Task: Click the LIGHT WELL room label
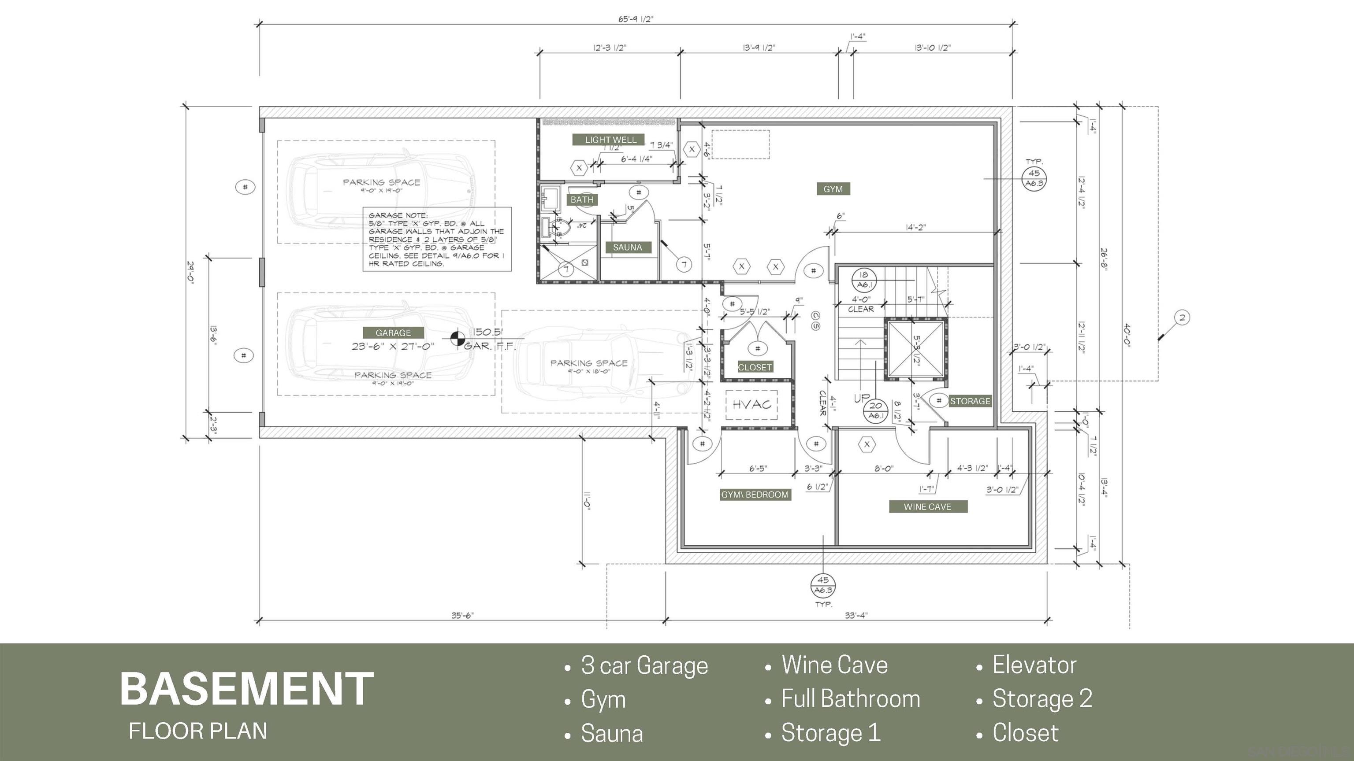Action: tap(610, 140)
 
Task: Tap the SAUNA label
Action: tap(627, 248)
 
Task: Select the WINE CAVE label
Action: tap(927, 507)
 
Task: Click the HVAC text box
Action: tap(751, 404)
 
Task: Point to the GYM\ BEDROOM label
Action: tap(755, 495)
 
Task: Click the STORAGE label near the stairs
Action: tap(970, 401)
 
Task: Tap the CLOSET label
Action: tap(755, 368)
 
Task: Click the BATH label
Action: tap(582, 199)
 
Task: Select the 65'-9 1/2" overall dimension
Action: tap(636, 19)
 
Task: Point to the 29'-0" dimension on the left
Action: tap(190, 272)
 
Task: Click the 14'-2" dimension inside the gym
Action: tap(915, 227)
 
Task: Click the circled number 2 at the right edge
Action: tap(1182, 317)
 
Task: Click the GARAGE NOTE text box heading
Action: tap(398, 215)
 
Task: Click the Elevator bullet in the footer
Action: tap(1034, 665)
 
